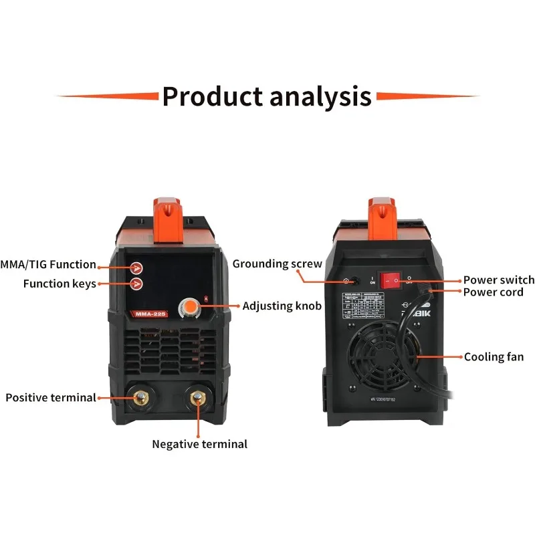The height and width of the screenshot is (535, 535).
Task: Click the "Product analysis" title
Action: pyautogui.click(x=267, y=96)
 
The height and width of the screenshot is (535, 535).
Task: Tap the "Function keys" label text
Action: pyautogui.click(x=60, y=284)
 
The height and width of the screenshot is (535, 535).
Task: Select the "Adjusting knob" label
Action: pyautogui.click(x=282, y=306)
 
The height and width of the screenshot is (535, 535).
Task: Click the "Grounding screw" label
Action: pyautogui.click(x=278, y=263)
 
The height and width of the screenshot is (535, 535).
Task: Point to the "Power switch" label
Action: pyautogui.click(x=499, y=280)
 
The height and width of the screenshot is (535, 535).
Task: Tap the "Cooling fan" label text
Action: pyautogui.click(x=494, y=356)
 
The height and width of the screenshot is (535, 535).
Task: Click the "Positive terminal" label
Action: pyautogui.click(x=51, y=397)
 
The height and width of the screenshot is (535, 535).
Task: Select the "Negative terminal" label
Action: pyautogui.click(x=199, y=443)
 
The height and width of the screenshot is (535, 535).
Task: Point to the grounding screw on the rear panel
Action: pyautogui.click(x=346, y=281)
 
